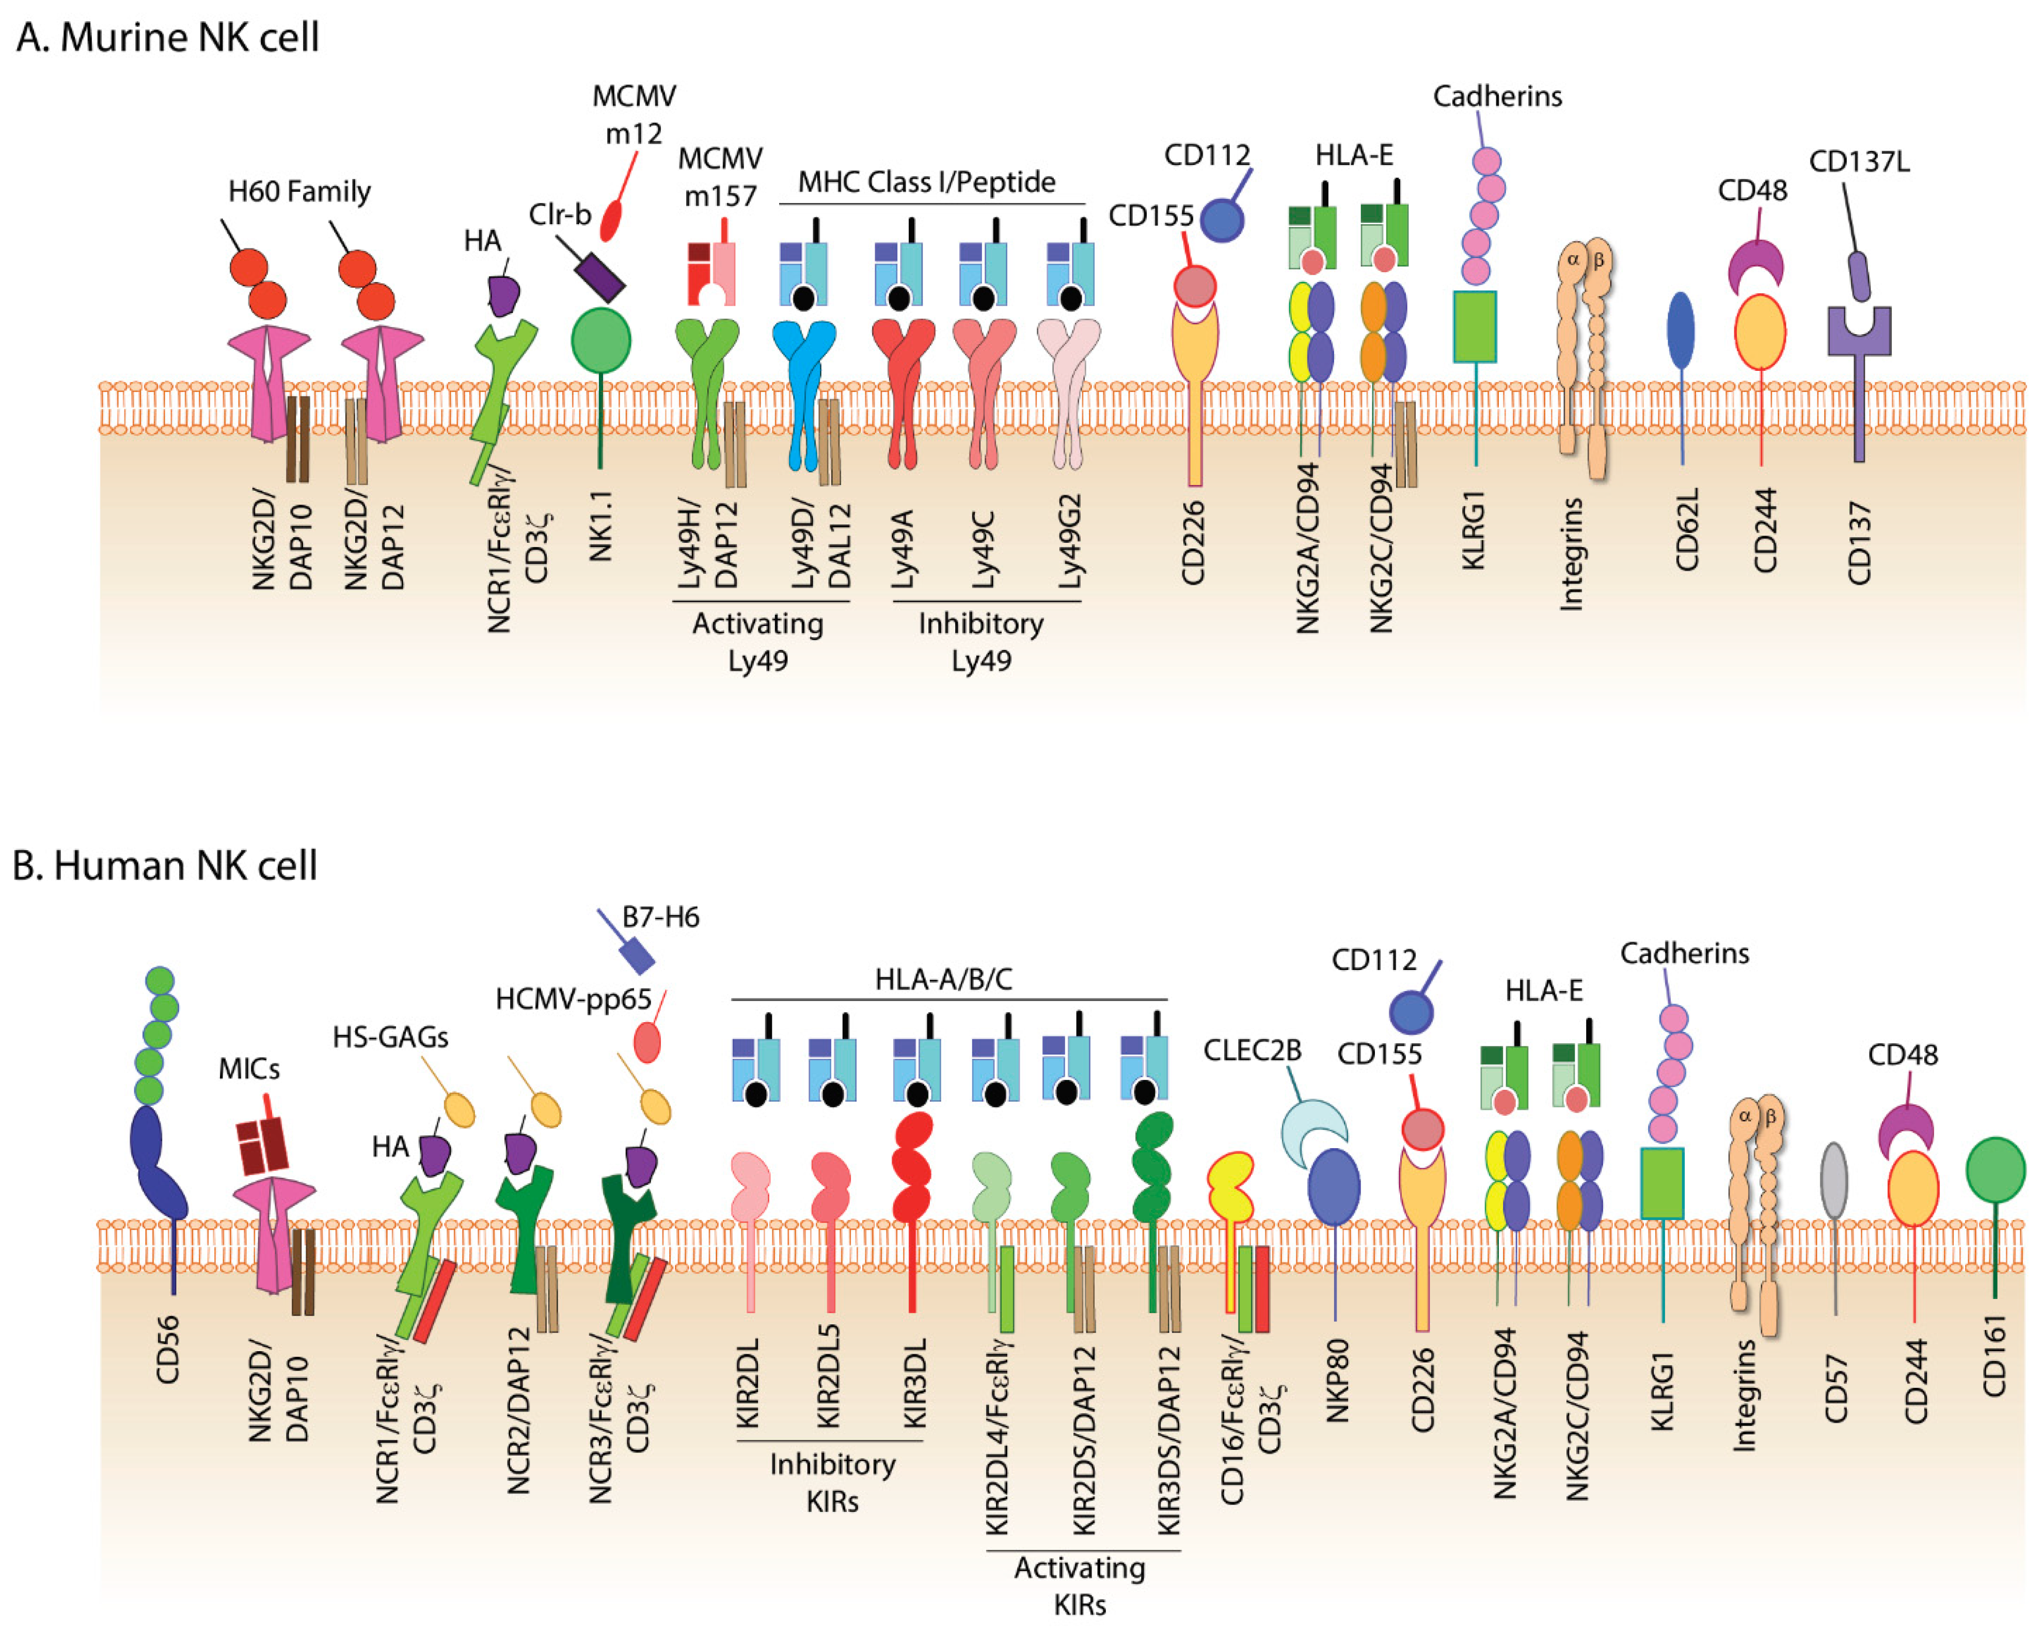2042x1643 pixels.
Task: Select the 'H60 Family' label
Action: [x=299, y=192]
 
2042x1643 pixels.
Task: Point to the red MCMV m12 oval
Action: [x=613, y=220]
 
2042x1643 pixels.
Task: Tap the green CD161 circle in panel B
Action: [x=1994, y=1170]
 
